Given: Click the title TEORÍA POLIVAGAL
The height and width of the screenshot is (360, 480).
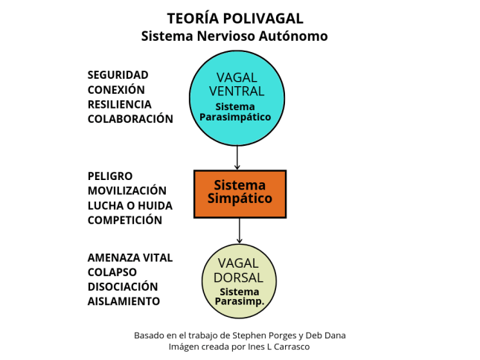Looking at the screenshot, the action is point(235,18).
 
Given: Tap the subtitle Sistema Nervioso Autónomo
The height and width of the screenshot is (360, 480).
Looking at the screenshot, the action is point(234,36).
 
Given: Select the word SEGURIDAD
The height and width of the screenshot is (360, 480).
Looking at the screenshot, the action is point(118,75).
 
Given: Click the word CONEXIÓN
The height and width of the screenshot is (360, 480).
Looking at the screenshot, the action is point(116,89).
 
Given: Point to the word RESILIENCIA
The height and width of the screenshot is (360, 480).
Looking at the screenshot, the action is point(119,104).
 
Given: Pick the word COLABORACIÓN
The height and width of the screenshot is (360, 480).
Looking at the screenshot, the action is point(130,119).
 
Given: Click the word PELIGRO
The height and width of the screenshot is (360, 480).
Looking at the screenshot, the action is point(110,176).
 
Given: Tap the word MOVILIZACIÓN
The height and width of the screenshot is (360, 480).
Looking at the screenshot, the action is point(127,190).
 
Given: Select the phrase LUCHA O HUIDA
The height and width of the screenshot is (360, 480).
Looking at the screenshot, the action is point(130,205).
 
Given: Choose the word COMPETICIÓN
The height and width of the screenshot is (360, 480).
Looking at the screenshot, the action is point(125,220).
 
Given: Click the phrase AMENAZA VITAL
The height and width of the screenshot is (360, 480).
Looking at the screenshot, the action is point(130,258).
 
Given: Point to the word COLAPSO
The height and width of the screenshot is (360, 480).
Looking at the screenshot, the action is point(112,272).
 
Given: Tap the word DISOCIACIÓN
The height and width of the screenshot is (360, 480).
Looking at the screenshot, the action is point(123,286).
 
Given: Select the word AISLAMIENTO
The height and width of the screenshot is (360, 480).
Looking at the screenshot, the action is point(124,301).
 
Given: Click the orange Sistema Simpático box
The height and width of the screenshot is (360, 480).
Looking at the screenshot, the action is point(240,194).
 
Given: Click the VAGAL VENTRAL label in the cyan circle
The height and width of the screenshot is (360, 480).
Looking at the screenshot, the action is point(237,84).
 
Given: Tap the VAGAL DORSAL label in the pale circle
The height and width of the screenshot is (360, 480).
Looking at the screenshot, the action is point(238,271).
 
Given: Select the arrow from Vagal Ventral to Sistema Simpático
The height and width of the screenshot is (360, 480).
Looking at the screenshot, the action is point(237,158).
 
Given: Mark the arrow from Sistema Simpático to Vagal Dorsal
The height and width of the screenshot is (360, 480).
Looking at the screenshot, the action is point(240,231).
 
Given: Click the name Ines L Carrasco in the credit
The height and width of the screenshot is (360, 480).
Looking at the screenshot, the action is point(278,347).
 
